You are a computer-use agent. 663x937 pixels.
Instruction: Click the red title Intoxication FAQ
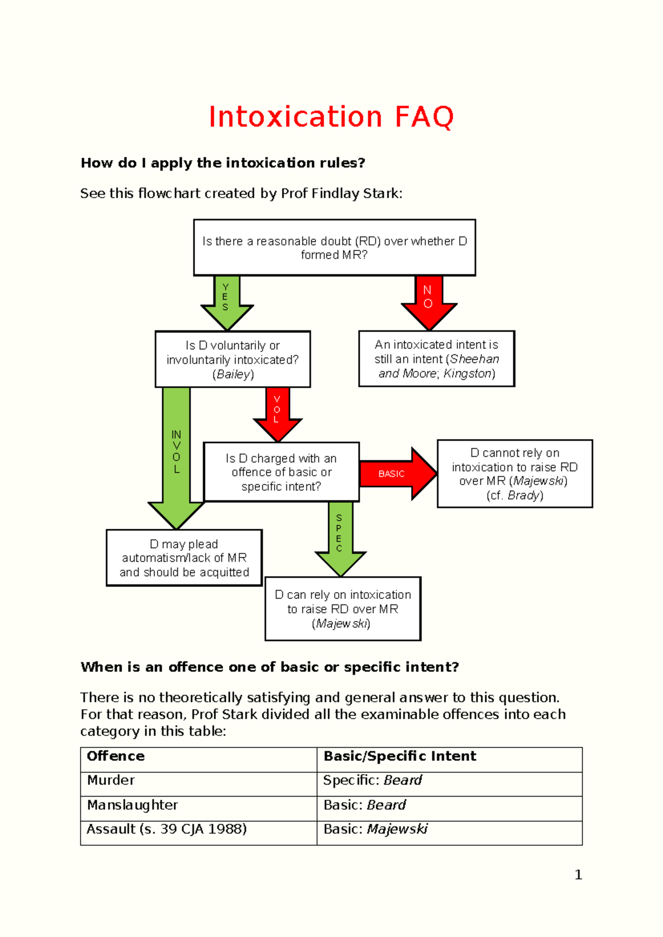point(331,117)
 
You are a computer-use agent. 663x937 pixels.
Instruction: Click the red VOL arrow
point(277,412)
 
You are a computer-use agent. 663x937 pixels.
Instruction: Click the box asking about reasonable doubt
point(334,248)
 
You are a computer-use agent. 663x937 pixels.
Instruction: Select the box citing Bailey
point(233,360)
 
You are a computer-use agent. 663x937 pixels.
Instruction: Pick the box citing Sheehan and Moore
point(436,359)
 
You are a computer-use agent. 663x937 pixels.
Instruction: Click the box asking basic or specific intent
point(281,472)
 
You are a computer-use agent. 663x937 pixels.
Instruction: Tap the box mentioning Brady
point(514,474)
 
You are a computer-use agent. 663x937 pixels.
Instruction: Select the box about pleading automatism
point(184,558)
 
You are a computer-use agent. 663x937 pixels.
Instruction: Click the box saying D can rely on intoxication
point(343,609)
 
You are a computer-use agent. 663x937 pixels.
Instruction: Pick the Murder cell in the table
point(199,781)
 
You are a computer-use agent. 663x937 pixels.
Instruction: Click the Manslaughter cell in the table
point(199,806)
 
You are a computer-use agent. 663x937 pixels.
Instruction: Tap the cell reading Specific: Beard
point(449,781)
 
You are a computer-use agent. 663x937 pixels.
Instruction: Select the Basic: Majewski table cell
point(449,830)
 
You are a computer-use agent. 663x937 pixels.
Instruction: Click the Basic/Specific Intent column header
point(449,756)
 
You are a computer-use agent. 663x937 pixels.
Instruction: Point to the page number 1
point(578,875)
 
